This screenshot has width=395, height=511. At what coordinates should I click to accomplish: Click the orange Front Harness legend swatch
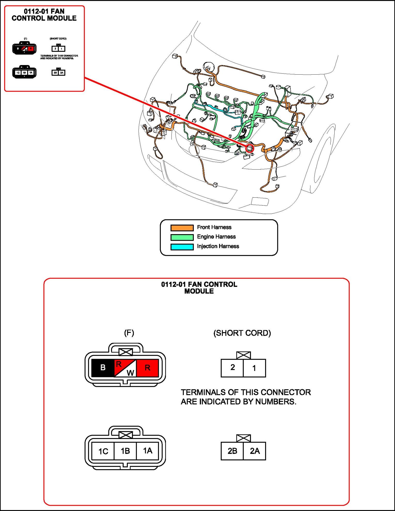[182, 228]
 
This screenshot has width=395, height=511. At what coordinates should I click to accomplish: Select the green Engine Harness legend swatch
[182, 237]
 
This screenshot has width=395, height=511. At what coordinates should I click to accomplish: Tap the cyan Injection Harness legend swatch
[182, 247]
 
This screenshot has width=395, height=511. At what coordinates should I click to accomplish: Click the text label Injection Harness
[218, 246]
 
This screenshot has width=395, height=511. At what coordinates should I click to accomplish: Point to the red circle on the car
[249, 148]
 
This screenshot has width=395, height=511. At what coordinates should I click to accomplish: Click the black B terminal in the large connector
[103, 368]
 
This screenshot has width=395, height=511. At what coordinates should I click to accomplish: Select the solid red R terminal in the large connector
[147, 368]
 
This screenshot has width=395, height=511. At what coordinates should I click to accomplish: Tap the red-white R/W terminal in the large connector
[125, 368]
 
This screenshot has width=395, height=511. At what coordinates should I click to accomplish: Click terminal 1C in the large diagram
[103, 451]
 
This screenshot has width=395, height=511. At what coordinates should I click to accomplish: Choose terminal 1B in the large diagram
[125, 451]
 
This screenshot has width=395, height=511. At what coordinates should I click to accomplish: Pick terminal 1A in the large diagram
[147, 451]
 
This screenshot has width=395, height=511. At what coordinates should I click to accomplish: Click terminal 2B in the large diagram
[232, 451]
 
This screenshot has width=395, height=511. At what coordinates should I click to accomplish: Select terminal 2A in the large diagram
[255, 451]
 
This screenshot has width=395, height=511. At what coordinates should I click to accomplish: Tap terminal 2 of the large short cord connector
[232, 368]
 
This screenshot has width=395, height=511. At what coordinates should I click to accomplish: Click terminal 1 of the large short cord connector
[254, 368]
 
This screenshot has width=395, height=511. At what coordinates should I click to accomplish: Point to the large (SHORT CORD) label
[242, 333]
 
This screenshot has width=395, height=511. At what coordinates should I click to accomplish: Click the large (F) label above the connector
[129, 333]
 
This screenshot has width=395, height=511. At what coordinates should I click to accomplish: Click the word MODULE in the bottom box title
[199, 291]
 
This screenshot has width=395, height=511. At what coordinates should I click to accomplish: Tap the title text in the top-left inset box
[44, 15]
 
